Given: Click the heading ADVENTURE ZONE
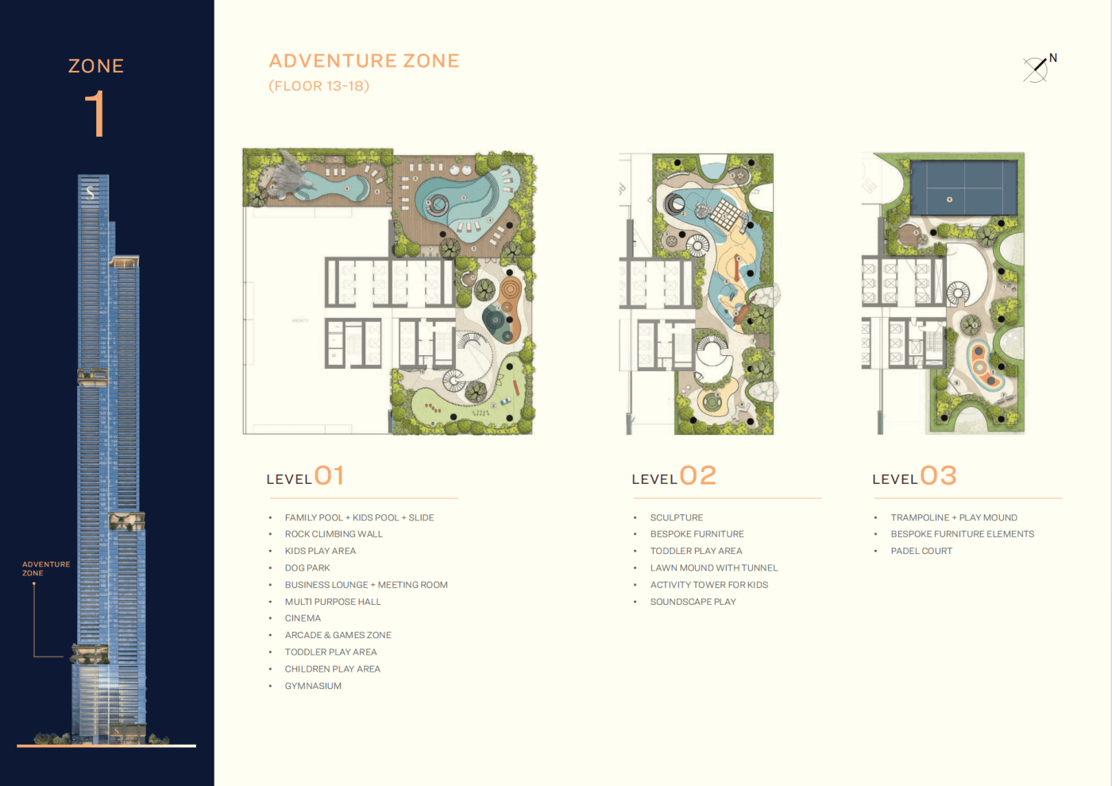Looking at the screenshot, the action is (x=364, y=60).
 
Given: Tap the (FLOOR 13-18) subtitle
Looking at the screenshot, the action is (x=319, y=86).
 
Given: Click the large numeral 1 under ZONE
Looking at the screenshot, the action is (x=95, y=114).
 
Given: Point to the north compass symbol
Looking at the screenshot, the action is (x=1039, y=68).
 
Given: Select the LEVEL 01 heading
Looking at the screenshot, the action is (x=305, y=476).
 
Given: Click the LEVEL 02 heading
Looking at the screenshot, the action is (x=674, y=476).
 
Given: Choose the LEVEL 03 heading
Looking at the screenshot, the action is (x=914, y=476).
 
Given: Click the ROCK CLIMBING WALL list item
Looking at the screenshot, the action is (x=334, y=534).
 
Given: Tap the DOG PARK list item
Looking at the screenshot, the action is (x=307, y=568).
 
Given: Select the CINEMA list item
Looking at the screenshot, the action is (x=303, y=618).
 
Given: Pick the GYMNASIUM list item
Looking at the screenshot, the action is (x=313, y=686).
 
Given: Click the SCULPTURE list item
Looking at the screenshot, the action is (x=677, y=517).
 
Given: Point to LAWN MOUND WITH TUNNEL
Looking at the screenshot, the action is (x=714, y=568).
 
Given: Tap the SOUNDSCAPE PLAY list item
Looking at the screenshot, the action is (x=693, y=602).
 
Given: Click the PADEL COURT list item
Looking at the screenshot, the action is (x=921, y=551).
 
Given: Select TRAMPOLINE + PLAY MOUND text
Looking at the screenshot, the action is (x=954, y=517).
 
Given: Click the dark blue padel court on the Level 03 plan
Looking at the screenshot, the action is (x=964, y=188).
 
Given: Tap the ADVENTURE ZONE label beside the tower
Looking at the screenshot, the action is (x=46, y=568).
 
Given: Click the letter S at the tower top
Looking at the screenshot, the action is (x=90, y=192).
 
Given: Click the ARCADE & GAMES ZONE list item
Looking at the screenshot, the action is (x=338, y=636).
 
